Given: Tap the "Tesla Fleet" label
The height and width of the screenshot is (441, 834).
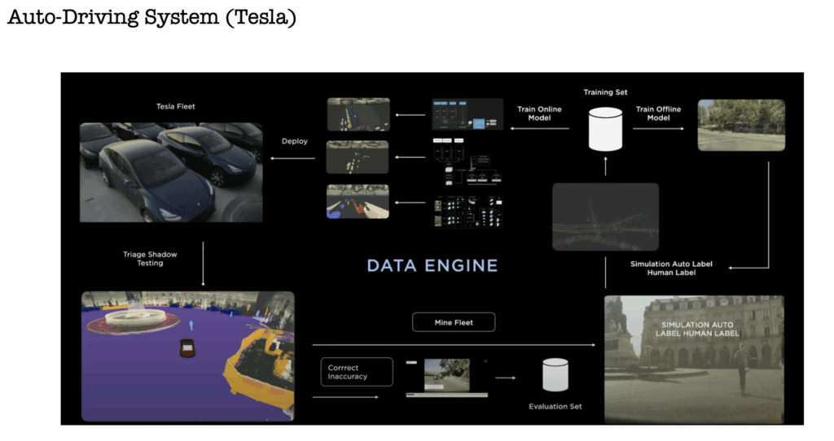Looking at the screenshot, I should [176, 107].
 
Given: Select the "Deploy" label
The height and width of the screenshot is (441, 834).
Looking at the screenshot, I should [294, 141].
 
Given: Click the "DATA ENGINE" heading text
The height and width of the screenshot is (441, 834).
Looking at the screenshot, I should [432, 265].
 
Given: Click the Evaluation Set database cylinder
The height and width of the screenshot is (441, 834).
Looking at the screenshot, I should [555, 375].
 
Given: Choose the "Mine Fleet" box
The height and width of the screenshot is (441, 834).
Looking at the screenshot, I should [453, 323].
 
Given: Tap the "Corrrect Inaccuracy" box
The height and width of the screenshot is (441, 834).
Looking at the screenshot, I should [356, 372].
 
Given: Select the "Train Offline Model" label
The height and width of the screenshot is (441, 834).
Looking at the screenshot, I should [658, 113].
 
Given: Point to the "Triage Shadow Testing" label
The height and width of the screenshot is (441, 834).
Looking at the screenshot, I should [150, 259].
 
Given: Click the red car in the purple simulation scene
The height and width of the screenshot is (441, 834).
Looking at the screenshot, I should [188, 347].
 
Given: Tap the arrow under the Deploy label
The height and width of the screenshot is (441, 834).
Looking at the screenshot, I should [294, 158].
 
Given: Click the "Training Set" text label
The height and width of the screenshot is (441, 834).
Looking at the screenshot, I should [605, 93].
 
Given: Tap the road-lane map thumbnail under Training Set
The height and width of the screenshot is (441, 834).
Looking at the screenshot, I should [604, 217].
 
